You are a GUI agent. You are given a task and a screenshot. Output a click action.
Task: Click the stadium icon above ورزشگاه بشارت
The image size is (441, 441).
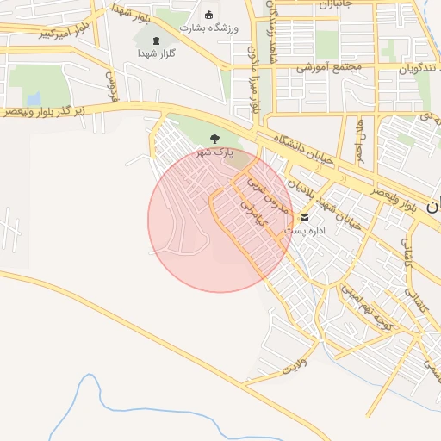click(x=208, y=14)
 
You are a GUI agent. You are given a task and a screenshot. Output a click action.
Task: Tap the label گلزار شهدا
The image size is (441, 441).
click(x=156, y=53)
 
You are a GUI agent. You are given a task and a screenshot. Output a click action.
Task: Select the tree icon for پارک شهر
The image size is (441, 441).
click(x=214, y=138)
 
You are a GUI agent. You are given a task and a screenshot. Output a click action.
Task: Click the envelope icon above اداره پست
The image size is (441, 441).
click(x=304, y=217)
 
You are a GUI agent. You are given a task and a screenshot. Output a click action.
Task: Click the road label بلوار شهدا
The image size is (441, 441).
click(x=132, y=12)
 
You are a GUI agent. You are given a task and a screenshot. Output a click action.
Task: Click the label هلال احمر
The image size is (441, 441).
click(x=361, y=139)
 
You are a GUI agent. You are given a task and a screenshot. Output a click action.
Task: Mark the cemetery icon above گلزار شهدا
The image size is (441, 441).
click(x=156, y=40)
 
